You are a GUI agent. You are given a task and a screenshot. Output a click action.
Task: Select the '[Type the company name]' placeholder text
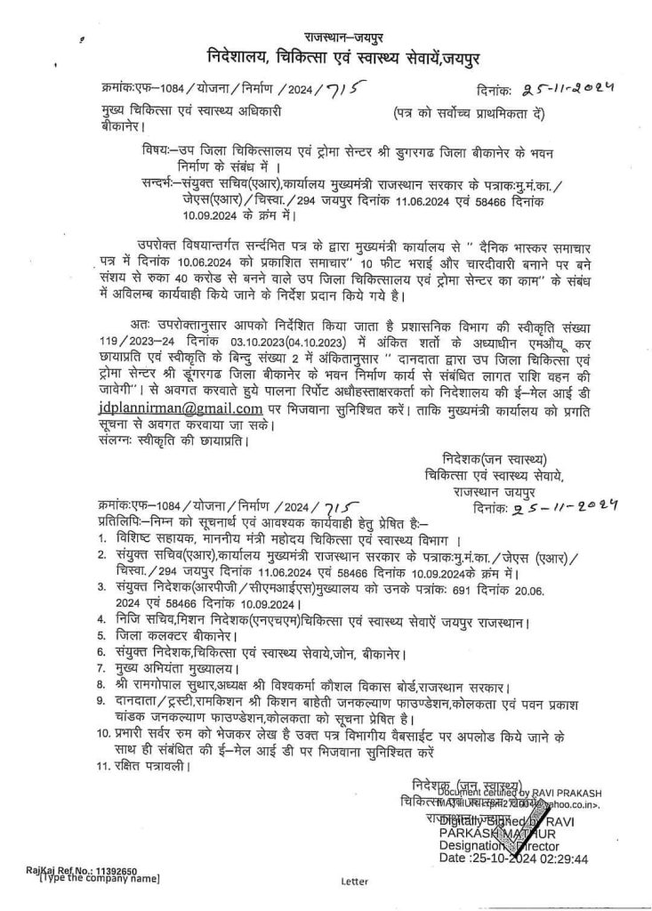pyautogui.click(x=99, y=878)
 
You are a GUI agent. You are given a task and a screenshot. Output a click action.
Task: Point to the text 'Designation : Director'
pyautogui.click(x=498, y=845)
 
